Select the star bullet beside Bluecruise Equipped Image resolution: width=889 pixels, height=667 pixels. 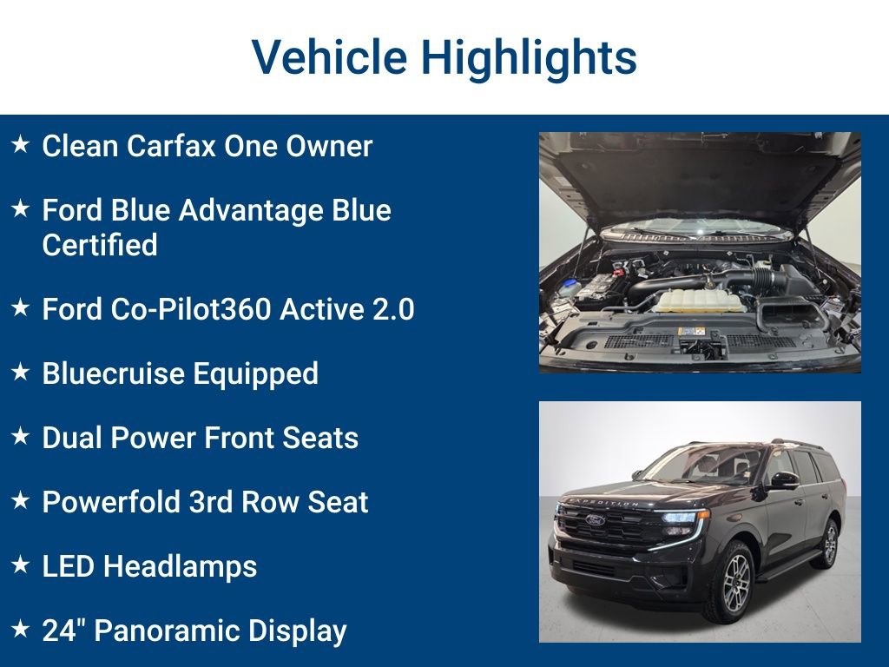20,373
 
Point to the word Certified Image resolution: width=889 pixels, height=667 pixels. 100,246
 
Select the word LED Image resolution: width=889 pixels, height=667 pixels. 69,566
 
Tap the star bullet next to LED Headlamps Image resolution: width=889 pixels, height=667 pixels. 20,565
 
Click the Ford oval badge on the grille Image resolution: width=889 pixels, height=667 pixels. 596,520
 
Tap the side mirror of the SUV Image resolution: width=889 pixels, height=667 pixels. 784,479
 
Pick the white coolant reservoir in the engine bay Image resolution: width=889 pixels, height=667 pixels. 699,300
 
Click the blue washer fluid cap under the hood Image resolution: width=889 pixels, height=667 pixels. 569,285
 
